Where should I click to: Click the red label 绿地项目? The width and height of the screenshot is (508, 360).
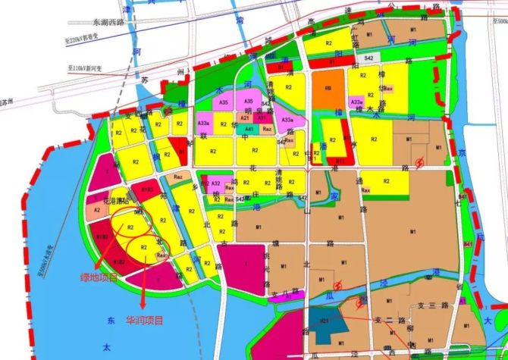(x=99, y=277)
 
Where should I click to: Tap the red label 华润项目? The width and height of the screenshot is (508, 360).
(x=144, y=319)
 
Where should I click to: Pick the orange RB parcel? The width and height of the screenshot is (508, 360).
(x=328, y=87)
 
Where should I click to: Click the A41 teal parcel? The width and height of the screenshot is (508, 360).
(x=245, y=129)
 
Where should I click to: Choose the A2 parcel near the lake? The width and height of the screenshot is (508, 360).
(x=97, y=210)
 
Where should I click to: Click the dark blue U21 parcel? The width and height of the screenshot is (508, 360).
(x=324, y=321)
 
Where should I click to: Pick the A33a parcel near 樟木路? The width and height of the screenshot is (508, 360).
(x=356, y=102)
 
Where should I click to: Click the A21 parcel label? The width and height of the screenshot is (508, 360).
(x=245, y=118)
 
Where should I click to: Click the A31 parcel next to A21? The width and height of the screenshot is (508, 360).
(x=261, y=118)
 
